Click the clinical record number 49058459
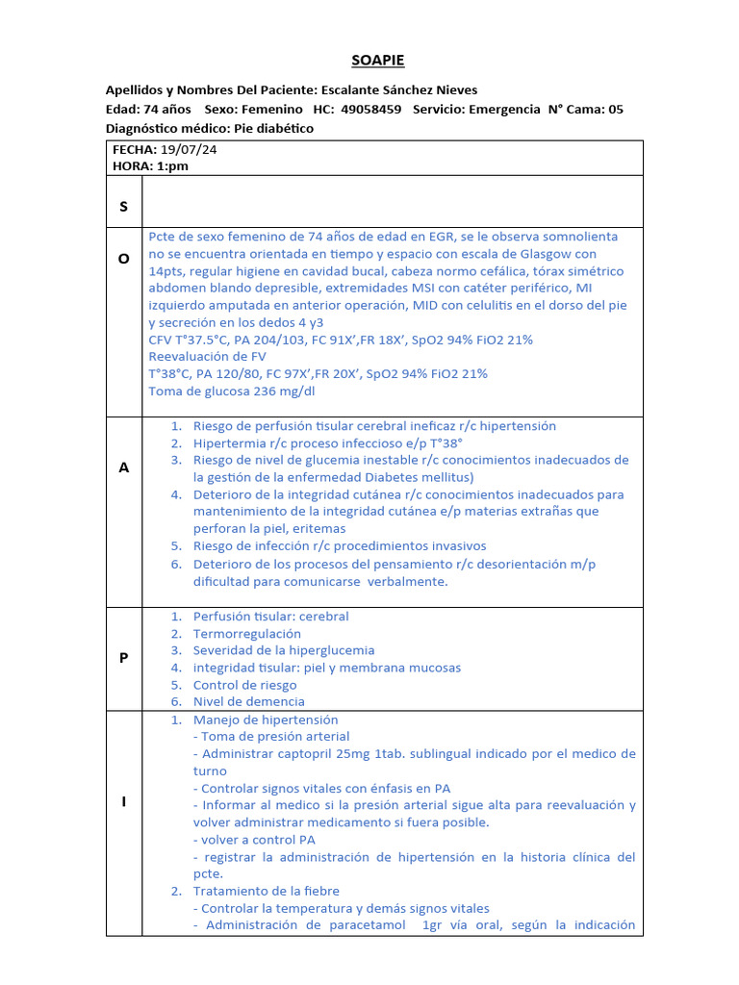pyautogui.click(x=369, y=110)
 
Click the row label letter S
pyautogui.click(x=123, y=207)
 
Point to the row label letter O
pyautogui.click(x=123, y=271)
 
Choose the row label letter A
pyautogui.click(x=123, y=467)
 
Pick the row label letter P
pyautogui.click(x=123, y=657)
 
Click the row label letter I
pyautogui.click(x=123, y=802)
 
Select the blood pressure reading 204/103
pyautogui.click(x=278, y=341)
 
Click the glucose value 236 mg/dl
pyautogui.click(x=281, y=391)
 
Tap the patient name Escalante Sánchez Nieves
pyautogui.click(x=399, y=90)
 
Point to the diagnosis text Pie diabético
pyautogui.click(x=274, y=128)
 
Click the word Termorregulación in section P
pyautogui.click(x=247, y=634)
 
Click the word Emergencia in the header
pyautogui.click(x=503, y=110)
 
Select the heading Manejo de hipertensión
pyautogui.click(x=266, y=720)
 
